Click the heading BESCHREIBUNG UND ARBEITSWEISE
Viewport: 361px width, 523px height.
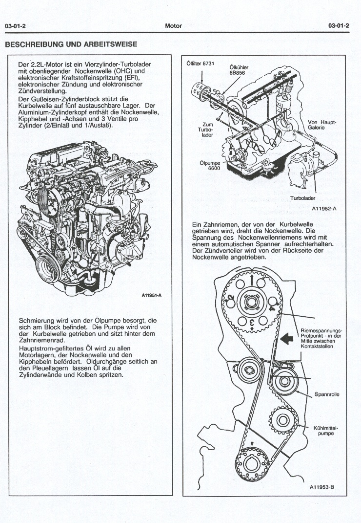(71, 44)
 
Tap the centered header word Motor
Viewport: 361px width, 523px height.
(174, 26)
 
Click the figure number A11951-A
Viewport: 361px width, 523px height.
(151, 295)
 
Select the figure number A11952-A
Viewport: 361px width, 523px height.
(324, 209)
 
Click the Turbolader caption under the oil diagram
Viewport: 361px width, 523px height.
(303, 198)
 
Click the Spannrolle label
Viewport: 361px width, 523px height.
(327, 393)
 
